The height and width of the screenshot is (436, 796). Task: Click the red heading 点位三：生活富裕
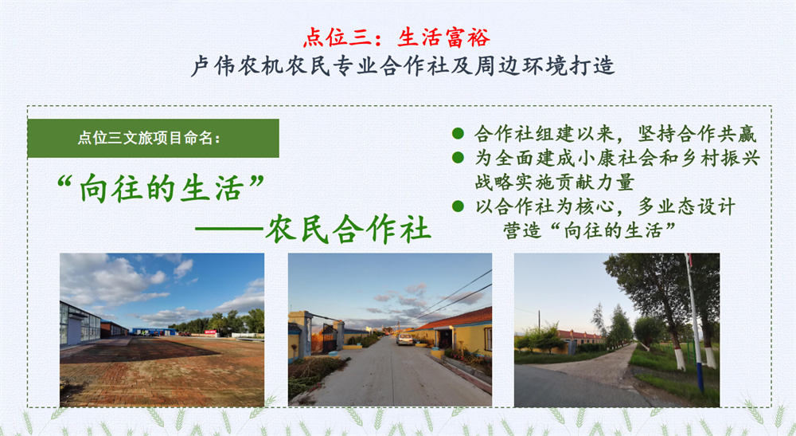397,37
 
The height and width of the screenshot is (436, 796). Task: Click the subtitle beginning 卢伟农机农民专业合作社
403,66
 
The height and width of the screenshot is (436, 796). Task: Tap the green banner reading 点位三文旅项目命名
154,138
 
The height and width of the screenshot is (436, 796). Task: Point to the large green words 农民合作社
348,229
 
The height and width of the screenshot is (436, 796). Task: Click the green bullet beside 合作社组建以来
458,134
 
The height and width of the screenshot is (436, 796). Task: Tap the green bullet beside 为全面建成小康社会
458,158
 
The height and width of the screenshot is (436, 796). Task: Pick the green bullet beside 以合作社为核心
458,206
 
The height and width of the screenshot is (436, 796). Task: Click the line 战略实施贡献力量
554,182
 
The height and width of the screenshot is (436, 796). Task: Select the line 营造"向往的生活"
589,230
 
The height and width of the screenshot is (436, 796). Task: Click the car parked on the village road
405,339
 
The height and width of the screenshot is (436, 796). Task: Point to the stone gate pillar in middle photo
304,334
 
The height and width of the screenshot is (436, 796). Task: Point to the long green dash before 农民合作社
229,230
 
